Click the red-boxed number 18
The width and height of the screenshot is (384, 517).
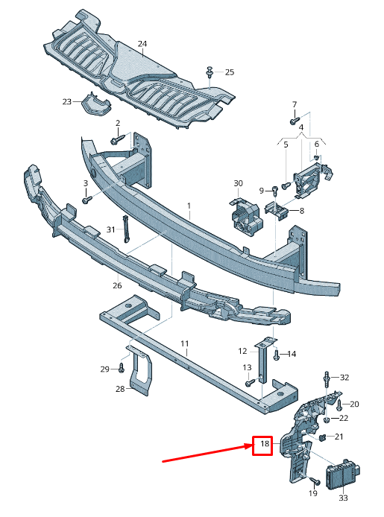point(264,445)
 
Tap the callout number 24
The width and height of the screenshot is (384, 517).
point(142,44)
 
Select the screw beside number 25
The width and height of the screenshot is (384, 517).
point(210,72)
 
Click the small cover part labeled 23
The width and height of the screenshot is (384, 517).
point(95,104)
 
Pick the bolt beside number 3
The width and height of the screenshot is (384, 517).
point(87,199)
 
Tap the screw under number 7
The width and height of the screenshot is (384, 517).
point(294,118)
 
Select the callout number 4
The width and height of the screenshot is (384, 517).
point(301,127)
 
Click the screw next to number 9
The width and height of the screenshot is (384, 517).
point(275,190)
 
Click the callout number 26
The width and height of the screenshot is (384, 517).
point(117,285)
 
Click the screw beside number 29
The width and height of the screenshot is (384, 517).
point(121,368)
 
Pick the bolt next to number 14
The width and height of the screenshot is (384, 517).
point(277,355)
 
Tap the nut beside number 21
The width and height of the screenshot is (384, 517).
point(322,438)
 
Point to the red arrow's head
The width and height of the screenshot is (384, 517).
point(250,447)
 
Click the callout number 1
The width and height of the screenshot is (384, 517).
point(189,205)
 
